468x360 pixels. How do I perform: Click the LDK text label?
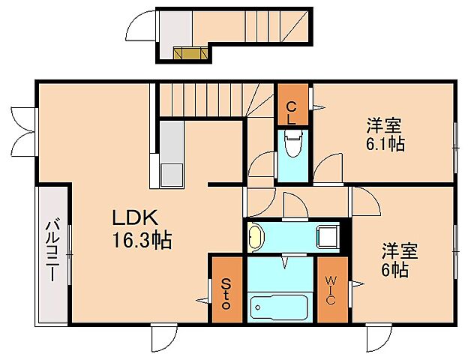[134, 218]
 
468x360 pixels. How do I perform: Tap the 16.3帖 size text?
[142, 240]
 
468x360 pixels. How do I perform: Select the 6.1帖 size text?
[385, 143]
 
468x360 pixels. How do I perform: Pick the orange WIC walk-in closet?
[331, 289]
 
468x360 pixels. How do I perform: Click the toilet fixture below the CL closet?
[293, 144]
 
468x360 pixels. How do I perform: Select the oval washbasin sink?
[256, 238]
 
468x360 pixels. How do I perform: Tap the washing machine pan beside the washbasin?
[328, 236]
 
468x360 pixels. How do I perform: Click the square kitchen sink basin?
[172, 172]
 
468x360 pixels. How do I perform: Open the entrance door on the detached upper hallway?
[140, 30]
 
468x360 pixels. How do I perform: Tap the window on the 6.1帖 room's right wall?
[455, 143]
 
